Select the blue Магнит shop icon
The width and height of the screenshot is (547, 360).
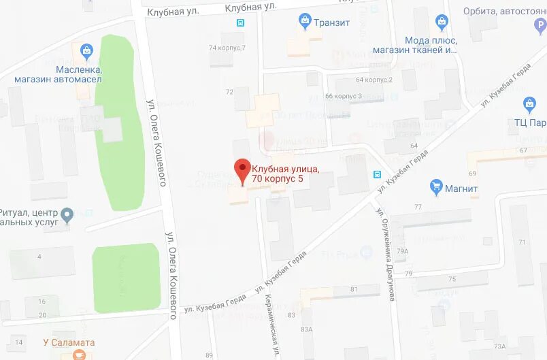tap(436, 187)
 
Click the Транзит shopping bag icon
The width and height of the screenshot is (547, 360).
tap(305, 22)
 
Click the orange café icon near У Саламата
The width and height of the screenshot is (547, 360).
tap(80, 355)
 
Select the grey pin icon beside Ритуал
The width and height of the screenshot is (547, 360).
tap(67, 216)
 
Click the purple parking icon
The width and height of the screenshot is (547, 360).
tap(542, 26)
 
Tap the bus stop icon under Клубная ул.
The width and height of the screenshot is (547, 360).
tap(240, 22)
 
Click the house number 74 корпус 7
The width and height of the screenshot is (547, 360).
tap(227, 48)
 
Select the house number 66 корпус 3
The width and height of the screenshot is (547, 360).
tap(344, 96)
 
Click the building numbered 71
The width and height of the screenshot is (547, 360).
tap(523, 242)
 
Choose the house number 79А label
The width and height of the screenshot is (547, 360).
tap(403, 251)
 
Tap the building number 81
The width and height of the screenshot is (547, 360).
tap(354, 289)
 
